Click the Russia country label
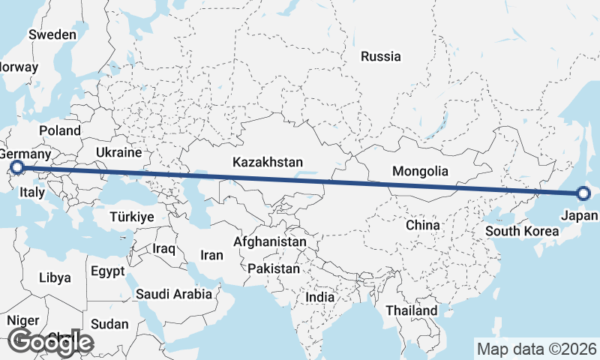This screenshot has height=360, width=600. (x=381, y=56)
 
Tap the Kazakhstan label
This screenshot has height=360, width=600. (x=268, y=162)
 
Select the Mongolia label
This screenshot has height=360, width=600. (x=420, y=171)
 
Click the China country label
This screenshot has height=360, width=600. (x=422, y=224)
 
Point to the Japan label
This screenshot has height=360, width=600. (x=579, y=215)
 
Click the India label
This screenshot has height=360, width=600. (x=320, y=297)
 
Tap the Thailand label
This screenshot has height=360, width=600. (x=412, y=310)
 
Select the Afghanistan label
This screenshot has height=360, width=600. (x=270, y=242)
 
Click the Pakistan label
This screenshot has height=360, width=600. (x=274, y=268)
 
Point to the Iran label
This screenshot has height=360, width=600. (x=211, y=255)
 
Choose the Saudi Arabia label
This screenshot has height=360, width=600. (x=173, y=295)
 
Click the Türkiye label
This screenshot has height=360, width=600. (x=131, y=216)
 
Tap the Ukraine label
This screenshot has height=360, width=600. (x=118, y=152)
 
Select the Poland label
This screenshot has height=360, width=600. (x=60, y=130)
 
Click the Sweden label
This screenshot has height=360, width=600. (x=52, y=34)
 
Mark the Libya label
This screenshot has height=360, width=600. (x=55, y=277)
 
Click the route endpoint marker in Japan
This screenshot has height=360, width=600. (x=583, y=194)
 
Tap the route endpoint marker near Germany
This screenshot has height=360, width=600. (x=18, y=169)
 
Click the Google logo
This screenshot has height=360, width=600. (x=49, y=342)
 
